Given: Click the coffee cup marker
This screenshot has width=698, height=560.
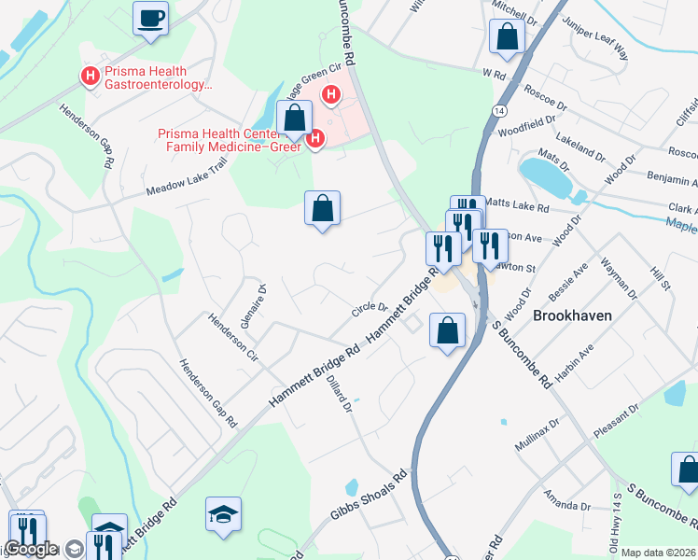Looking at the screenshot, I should pos(150,19).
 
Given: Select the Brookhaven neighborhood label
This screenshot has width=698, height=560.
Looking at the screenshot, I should pos(572,315).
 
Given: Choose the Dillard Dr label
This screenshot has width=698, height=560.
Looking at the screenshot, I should pos(340,392).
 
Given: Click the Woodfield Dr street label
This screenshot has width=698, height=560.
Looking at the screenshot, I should pos(527,127).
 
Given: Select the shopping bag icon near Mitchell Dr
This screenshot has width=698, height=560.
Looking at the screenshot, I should pos(507,37).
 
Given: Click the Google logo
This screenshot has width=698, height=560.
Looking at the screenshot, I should pos(31,549).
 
